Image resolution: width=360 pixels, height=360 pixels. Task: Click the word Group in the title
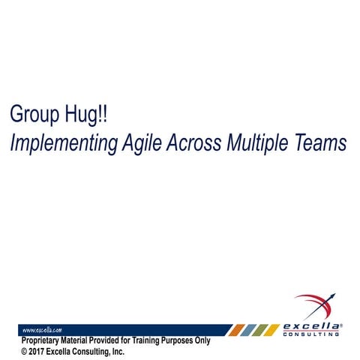point(34,115)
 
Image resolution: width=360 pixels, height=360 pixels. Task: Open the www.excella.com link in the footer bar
point(42,329)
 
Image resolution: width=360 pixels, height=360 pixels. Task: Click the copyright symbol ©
point(24,350)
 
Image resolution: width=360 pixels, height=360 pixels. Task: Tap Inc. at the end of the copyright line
point(117,350)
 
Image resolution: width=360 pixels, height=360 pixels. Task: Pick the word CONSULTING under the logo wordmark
point(313,334)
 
